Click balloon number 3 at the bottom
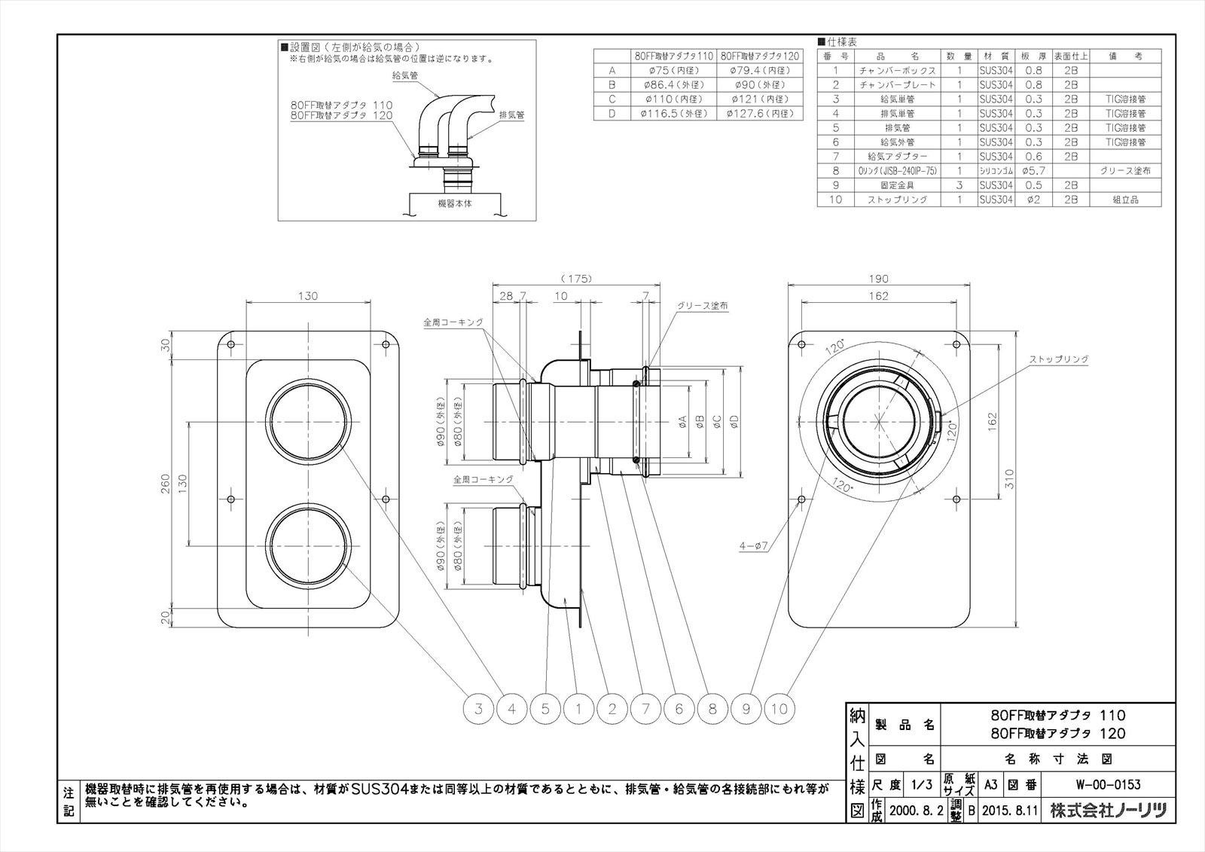pyautogui.click(x=478, y=708)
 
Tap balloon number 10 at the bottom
pyautogui.click(x=779, y=708)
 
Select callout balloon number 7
pyautogui.click(x=645, y=708)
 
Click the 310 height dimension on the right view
pyautogui.click(x=1010, y=479)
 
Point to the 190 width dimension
pyautogui.click(x=878, y=279)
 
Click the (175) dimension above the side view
pyautogui.click(x=576, y=279)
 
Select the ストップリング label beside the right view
pyautogui.click(x=1059, y=359)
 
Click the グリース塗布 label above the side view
pyautogui.click(x=702, y=306)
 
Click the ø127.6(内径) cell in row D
pyautogui.click(x=760, y=114)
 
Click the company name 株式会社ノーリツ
pyautogui.click(x=1109, y=811)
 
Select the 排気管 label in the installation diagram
pyautogui.click(x=512, y=116)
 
